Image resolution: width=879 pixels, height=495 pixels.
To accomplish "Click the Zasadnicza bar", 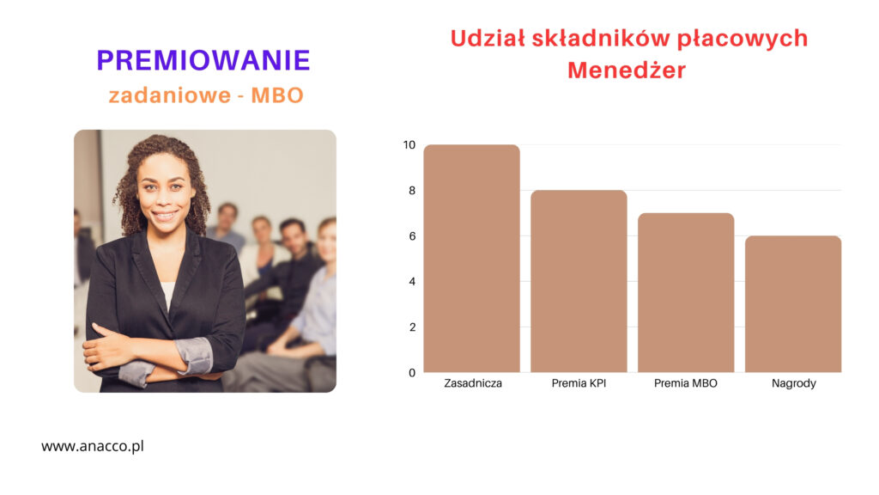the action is click(x=471, y=258).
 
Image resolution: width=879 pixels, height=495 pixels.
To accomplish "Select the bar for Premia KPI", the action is click(x=579, y=281).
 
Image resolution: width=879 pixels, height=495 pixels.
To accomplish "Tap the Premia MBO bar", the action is click(x=686, y=292).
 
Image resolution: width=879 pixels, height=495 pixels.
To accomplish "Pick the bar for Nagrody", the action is click(x=792, y=303).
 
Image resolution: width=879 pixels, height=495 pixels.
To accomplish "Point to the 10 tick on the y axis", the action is click(x=409, y=144).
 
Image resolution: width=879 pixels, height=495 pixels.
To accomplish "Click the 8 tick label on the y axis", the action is click(x=412, y=191).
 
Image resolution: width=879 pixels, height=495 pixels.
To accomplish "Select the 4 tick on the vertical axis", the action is click(x=412, y=281).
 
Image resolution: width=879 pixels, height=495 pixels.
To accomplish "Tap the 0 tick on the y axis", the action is click(x=412, y=373).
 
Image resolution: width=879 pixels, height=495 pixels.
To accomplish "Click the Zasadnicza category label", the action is click(x=473, y=383).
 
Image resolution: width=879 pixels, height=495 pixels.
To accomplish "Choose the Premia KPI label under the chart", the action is click(x=579, y=383).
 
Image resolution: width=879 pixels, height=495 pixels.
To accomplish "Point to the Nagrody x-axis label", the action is click(x=793, y=384).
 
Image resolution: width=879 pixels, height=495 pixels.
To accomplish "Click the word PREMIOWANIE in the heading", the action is click(x=203, y=60).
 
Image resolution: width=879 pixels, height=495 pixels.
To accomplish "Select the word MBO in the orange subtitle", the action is click(x=277, y=95).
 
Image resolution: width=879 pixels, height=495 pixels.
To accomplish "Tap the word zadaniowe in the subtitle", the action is click(x=169, y=95).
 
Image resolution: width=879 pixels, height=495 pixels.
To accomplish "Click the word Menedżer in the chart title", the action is click(x=626, y=70).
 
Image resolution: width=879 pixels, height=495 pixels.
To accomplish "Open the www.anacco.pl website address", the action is click(x=93, y=447).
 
